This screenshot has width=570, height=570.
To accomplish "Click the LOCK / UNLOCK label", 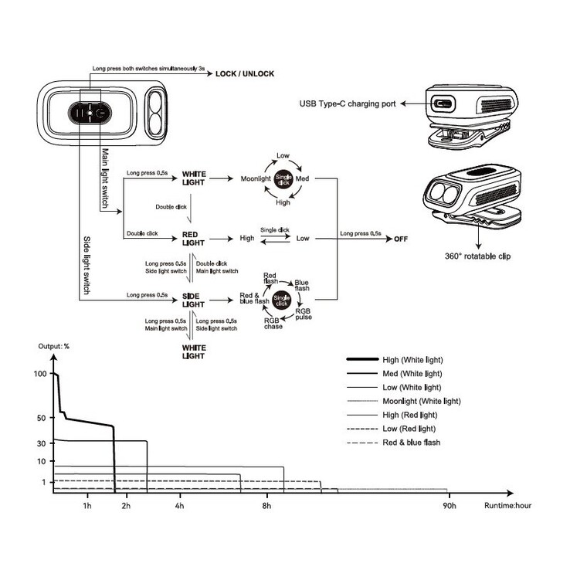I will (245, 73).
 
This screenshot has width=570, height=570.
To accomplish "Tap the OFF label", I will (400, 239).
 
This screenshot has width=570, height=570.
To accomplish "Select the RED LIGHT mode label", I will (193, 238).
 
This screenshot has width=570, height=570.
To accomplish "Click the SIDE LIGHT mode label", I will (193, 300).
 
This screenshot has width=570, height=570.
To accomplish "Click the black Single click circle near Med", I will (283, 178).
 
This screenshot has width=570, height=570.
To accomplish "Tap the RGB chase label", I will (273, 324).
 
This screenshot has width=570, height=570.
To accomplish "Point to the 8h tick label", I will (267, 506).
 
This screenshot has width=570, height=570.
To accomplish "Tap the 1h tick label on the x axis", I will (87, 506).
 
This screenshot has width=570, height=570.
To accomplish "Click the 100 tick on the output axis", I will (41, 374).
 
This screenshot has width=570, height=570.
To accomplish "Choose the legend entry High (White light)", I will (412, 360).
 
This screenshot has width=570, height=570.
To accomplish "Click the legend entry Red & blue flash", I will (411, 442).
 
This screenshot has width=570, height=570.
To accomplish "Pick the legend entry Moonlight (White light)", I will (421, 401).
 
